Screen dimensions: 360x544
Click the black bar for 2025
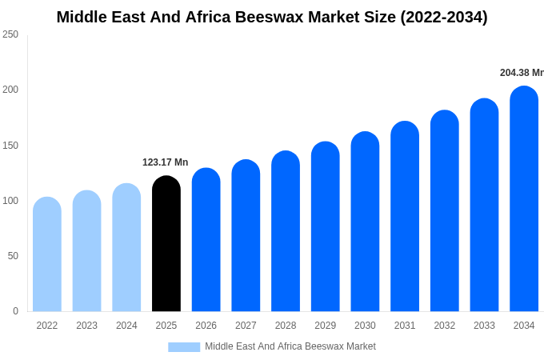point(166,244)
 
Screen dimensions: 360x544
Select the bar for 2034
point(524,199)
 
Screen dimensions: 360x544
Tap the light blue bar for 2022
point(47,254)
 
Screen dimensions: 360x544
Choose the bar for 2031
point(405,217)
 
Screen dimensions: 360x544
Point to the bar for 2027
point(246,236)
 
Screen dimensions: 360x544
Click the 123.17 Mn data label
point(166,162)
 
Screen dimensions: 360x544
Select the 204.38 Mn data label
point(522,73)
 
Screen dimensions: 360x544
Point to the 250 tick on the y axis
point(10,34)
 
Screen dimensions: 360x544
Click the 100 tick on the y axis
point(10,201)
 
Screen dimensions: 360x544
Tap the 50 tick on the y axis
point(13,256)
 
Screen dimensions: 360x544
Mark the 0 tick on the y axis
point(15,311)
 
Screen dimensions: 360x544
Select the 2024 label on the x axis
point(126,326)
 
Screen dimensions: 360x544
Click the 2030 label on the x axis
point(365,326)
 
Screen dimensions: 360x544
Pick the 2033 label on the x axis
point(484,326)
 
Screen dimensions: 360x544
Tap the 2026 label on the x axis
point(206,326)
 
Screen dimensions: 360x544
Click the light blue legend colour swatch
point(184,346)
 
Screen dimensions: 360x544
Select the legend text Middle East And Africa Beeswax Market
point(290,346)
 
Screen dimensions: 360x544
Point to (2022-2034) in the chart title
point(444,17)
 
